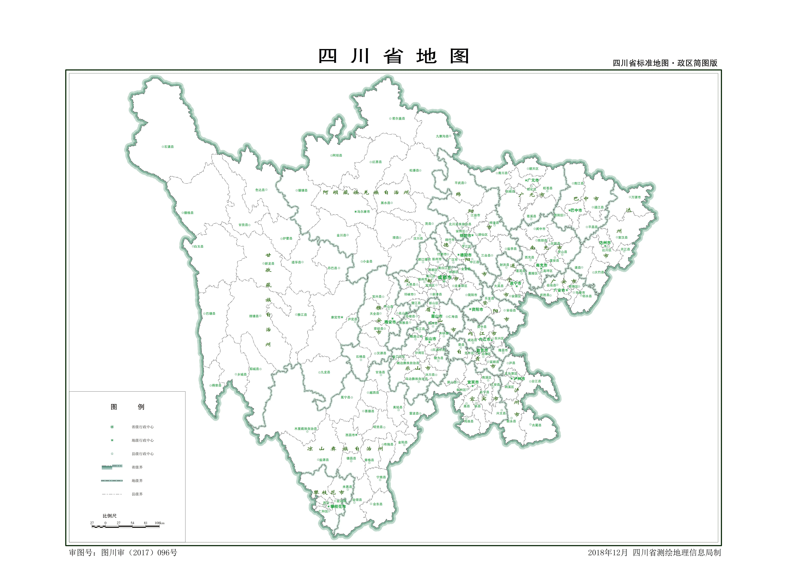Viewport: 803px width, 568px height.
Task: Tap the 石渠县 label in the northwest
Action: click(x=169, y=147)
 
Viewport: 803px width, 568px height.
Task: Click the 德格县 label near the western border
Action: click(x=188, y=213)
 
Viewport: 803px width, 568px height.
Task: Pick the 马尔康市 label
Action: click(x=363, y=212)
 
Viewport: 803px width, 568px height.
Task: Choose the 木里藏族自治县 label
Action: click(x=305, y=429)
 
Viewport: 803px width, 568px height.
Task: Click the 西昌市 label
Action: click(x=350, y=435)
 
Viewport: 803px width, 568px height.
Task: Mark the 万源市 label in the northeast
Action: click(x=636, y=197)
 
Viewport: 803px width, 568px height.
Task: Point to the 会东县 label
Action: click(x=378, y=504)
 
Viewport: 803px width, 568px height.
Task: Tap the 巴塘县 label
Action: click(x=211, y=314)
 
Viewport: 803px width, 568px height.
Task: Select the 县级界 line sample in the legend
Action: click(x=112, y=494)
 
